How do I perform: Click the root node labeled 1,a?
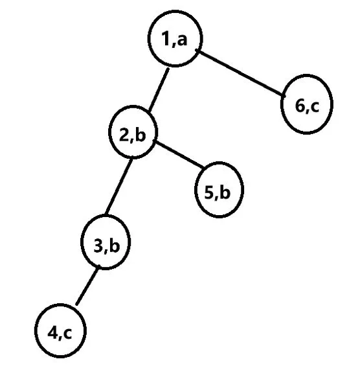[x=175, y=39]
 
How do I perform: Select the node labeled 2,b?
[x=133, y=132]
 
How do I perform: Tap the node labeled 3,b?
[x=106, y=242]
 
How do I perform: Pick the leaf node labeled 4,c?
[x=60, y=330]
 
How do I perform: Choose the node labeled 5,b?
[x=219, y=190]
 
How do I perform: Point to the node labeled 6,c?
[x=307, y=104]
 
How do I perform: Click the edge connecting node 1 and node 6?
[x=241, y=73]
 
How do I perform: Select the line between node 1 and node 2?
[x=159, y=89]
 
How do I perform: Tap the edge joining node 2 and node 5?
[x=179, y=154]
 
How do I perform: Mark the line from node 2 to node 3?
[x=118, y=187]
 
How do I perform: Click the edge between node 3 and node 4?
[x=87, y=285]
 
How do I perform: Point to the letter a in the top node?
[x=182, y=40]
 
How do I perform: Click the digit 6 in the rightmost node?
[x=300, y=106]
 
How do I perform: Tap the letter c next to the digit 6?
[x=314, y=107]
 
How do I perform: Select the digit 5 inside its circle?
[x=209, y=192]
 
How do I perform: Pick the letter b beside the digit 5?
[x=225, y=191]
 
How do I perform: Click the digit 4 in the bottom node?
[x=52, y=332]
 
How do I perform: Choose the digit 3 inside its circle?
[x=98, y=246]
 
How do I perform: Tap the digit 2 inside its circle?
[x=124, y=135]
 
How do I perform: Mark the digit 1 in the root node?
[x=166, y=38]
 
